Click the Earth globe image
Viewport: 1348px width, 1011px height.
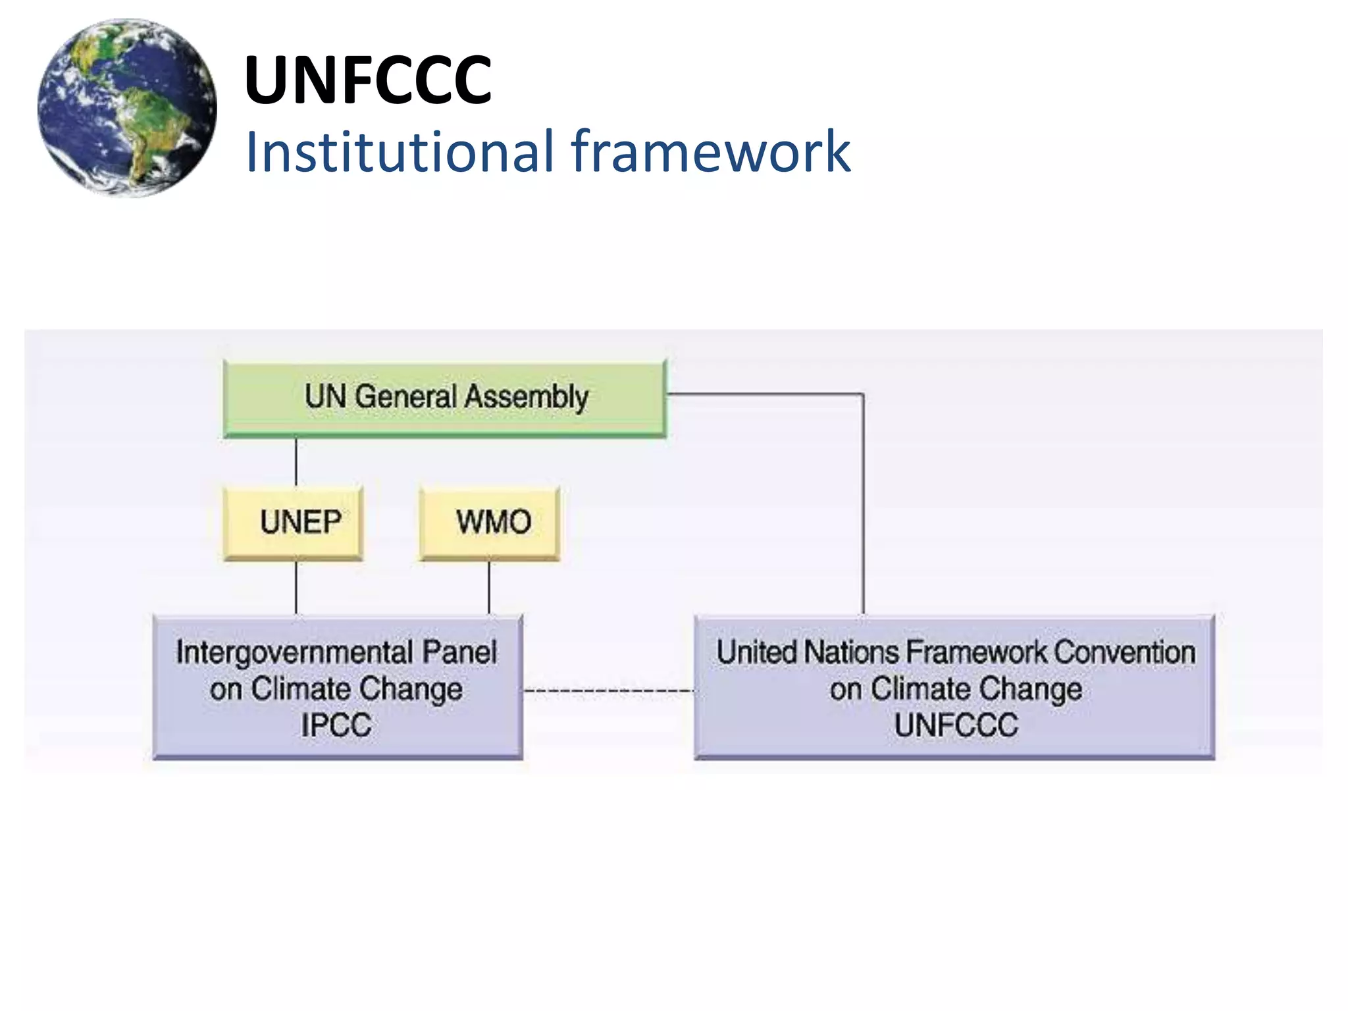pos(127,108)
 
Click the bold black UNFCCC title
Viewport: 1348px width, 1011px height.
pos(367,80)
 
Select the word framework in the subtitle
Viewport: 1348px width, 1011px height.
pos(711,152)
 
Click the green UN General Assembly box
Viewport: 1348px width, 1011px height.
pos(445,398)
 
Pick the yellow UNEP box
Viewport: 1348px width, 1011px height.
pos(294,523)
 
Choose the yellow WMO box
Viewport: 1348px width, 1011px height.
pos(490,523)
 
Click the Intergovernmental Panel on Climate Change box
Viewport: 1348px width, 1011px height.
pos(338,687)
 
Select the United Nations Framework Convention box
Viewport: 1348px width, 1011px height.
pos(954,687)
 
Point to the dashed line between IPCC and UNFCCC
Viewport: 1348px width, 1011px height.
pos(609,690)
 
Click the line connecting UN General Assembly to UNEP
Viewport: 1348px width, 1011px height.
pos(296,462)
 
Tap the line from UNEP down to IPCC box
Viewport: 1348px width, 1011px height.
pos(296,588)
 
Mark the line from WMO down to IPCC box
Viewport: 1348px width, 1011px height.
pos(489,588)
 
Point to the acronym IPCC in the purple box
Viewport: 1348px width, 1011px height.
pos(336,725)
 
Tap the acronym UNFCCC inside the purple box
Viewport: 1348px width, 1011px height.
pos(956,725)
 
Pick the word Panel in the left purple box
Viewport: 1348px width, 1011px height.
pos(459,653)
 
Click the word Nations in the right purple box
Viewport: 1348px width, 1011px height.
pos(852,653)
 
